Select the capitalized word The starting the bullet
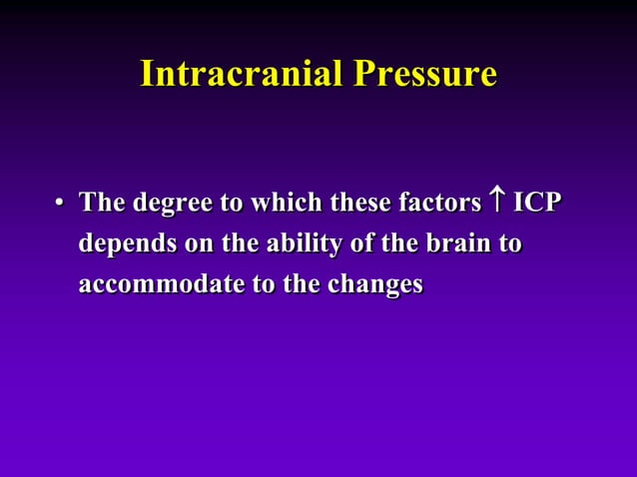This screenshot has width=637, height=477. [x=103, y=204]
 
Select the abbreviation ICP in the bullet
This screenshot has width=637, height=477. [x=536, y=204]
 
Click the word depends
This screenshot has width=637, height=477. [x=123, y=245]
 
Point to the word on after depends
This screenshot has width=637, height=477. [x=189, y=245]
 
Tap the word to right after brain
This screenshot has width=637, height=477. [x=509, y=244]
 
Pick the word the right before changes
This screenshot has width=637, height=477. [x=297, y=284]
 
